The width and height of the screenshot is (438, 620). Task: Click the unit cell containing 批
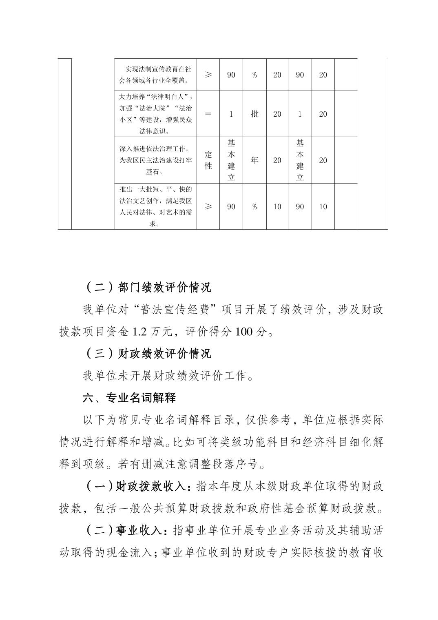point(254,114)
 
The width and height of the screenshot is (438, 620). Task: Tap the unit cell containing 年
point(254,160)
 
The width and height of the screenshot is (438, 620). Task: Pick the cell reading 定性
point(208,160)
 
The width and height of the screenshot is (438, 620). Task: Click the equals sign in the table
point(208,114)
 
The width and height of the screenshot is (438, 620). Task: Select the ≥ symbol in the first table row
point(208,75)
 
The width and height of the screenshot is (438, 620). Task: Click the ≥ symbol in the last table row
point(208,206)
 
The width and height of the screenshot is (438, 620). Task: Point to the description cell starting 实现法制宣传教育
point(155,75)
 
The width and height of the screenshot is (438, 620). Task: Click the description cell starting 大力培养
point(155,114)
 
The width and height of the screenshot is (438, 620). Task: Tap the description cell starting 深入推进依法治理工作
point(155,160)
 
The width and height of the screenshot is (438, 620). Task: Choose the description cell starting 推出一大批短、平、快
point(155,206)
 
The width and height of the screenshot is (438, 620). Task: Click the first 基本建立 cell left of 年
point(231,160)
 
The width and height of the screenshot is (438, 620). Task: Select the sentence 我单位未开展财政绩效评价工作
point(168,376)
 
